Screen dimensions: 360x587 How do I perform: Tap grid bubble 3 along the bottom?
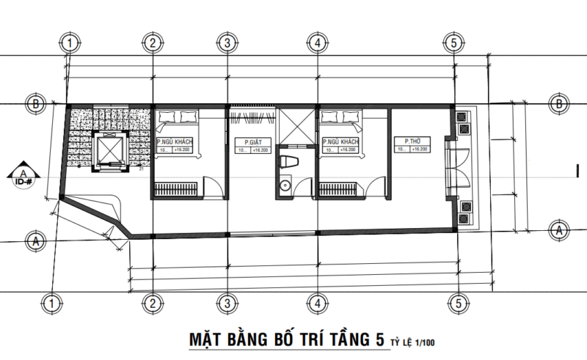227,301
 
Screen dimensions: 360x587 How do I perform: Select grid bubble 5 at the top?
454,43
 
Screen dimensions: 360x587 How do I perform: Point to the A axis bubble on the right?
561,229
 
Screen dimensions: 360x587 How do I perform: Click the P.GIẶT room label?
249,142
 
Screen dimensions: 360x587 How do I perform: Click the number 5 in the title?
379,339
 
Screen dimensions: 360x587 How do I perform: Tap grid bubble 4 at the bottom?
316,301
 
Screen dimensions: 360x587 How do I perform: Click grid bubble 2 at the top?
151,43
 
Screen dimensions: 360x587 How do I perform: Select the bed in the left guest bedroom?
179,118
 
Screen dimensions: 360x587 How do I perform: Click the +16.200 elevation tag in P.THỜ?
420,150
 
